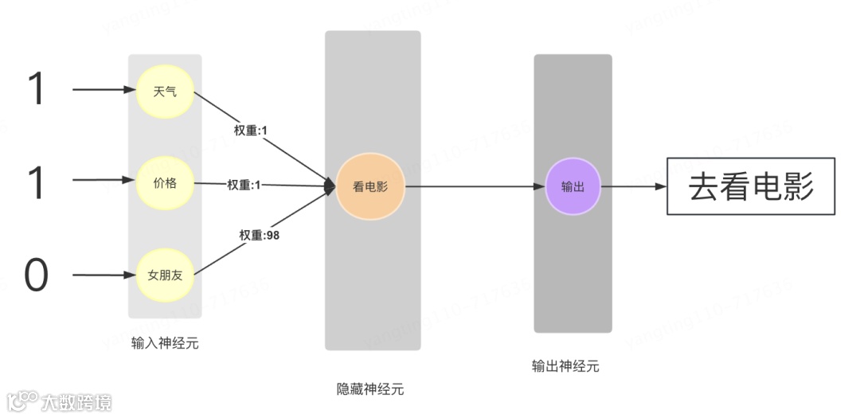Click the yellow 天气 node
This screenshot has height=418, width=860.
coord(165,92)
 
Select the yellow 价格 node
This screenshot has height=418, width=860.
coord(165,183)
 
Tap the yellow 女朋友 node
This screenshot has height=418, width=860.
coord(165,276)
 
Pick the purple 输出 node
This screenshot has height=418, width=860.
coord(573,187)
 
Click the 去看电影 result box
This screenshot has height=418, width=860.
coord(750,187)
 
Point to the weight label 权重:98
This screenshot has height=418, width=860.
coord(260,235)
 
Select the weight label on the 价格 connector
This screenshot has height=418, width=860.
coord(244,185)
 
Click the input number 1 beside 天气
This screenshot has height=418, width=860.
coord(37,90)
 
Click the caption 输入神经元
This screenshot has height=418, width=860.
coord(165,344)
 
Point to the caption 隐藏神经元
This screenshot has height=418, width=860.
coord(370,389)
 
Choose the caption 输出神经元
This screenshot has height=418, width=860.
coord(565,366)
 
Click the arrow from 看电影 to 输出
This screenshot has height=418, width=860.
coord(474,187)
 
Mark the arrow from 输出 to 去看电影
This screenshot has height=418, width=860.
coord(633,187)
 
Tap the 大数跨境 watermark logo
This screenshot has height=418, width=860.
coord(60,400)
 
